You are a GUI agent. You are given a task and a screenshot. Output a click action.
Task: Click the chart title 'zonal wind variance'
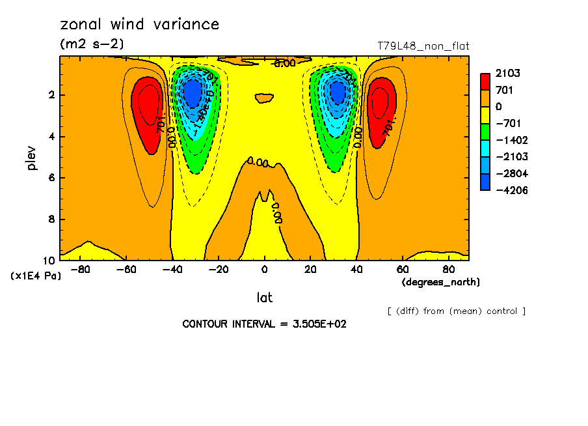139,25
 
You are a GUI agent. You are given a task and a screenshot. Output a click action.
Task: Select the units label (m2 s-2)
92,44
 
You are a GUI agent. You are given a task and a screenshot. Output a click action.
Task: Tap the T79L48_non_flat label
423,46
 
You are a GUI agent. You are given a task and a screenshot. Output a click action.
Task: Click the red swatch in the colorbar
485,81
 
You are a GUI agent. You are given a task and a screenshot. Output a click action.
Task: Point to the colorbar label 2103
507,73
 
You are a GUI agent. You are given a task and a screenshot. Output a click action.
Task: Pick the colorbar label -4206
510,190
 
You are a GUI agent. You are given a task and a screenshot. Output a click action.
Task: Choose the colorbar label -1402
510,140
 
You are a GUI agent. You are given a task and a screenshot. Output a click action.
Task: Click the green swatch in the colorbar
485,132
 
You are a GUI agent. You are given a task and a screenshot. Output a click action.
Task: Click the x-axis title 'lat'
264,298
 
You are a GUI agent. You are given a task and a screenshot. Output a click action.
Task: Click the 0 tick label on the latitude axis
264,268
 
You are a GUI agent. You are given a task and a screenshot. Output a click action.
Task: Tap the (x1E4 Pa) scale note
36,276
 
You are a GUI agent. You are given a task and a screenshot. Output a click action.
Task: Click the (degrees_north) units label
440,282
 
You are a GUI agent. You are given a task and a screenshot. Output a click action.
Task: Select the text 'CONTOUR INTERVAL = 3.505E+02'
264,324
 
